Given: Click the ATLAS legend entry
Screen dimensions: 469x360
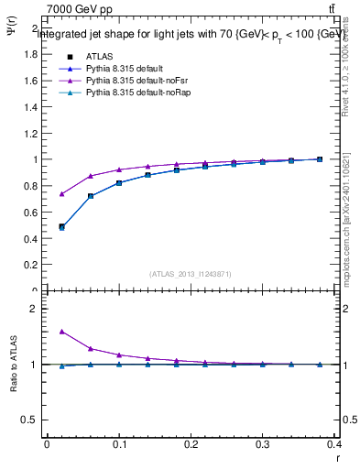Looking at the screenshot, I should click(x=99, y=56).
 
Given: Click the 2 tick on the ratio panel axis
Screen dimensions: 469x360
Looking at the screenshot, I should click(x=37, y=309).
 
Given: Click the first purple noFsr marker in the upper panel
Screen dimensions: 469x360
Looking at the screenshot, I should click(x=61, y=194).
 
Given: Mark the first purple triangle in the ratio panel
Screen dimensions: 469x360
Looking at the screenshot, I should click(x=61, y=332).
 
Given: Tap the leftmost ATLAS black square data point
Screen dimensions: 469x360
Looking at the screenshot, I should click(x=61, y=227).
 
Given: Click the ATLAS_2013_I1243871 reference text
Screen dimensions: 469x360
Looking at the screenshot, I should click(x=191, y=274).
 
